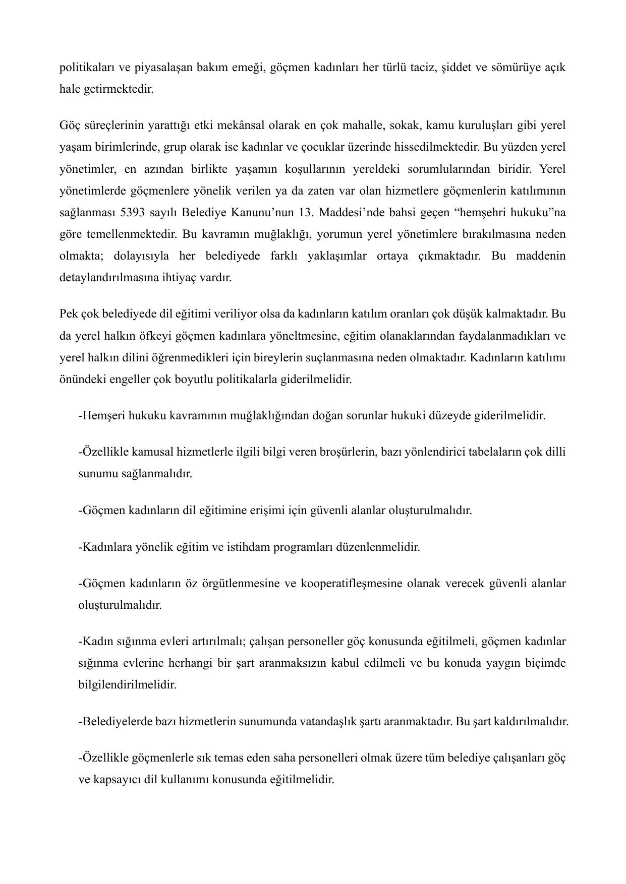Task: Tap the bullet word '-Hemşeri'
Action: pos(101,416)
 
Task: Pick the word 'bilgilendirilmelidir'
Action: pos(128,685)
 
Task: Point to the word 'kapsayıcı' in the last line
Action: pos(117,779)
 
